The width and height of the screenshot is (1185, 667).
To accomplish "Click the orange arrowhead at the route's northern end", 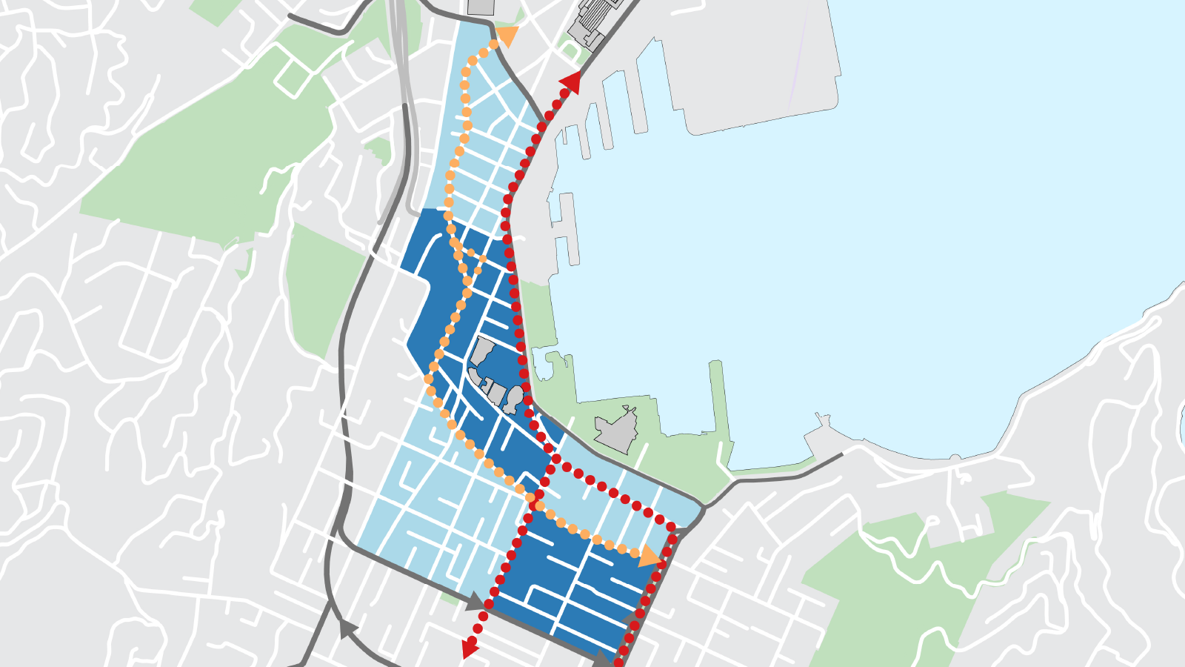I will [x=508, y=36].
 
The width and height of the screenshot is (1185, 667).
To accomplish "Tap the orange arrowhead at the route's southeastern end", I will [x=650, y=556].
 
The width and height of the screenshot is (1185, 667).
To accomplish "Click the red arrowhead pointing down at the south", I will [x=468, y=649].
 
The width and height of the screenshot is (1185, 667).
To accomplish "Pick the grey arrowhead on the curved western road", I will [x=344, y=628].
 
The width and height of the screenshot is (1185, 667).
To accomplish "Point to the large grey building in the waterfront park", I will [x=616, y=430].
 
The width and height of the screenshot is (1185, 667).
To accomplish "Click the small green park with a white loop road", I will [x=570, y=50].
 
